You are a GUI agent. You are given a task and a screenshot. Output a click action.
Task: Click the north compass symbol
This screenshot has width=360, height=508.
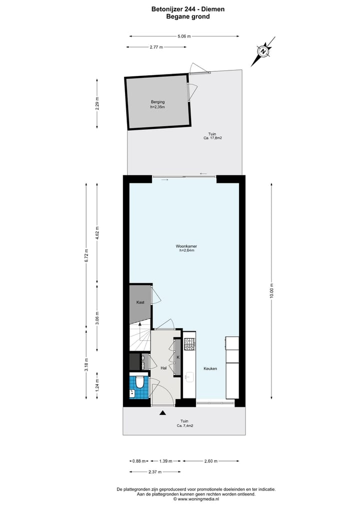pos(263,51)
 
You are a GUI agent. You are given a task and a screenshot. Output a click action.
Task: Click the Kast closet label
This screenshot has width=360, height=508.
pos(140,302)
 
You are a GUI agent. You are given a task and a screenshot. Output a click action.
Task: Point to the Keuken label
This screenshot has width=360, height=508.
pos(210,369)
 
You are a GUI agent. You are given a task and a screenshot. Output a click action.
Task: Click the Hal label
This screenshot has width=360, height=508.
pos(163,369)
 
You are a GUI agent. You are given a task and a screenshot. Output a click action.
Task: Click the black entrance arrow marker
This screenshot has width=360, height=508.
pos(162,413)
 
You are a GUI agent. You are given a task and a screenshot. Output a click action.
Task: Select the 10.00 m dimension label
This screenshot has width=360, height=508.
pos(271,290)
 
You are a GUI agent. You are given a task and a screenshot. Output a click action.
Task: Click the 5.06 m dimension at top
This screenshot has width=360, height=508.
pos(184,36)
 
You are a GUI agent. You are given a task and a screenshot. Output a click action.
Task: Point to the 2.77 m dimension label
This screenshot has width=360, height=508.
pos(156,47)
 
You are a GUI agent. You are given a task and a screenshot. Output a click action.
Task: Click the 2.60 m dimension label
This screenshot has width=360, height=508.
pos(210,461)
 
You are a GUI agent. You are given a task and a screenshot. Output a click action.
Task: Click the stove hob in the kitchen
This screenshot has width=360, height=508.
pos(189,344)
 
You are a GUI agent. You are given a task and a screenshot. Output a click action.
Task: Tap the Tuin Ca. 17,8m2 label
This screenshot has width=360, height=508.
pos(212,135)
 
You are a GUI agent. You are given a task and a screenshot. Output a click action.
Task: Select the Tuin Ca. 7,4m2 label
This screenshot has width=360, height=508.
pos(184,424)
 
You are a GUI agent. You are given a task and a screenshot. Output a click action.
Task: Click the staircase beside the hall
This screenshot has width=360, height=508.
pos(140,340)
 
